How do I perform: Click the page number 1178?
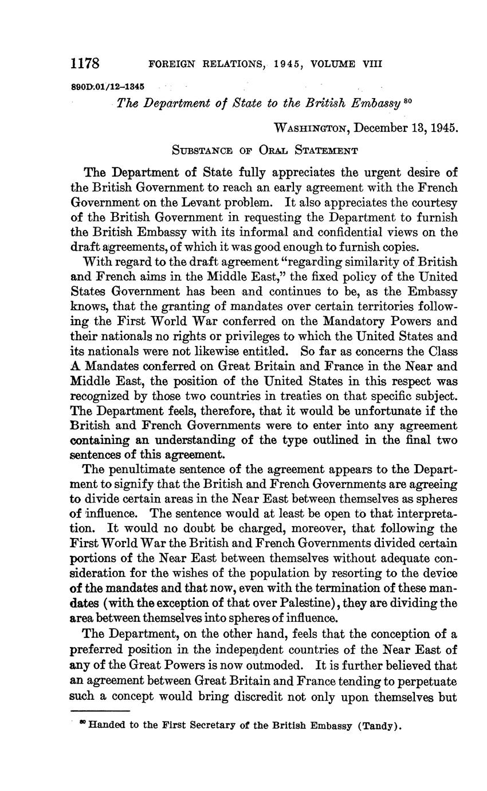tap(85, 63)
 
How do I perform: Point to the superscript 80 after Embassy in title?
tap(408, 102)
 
